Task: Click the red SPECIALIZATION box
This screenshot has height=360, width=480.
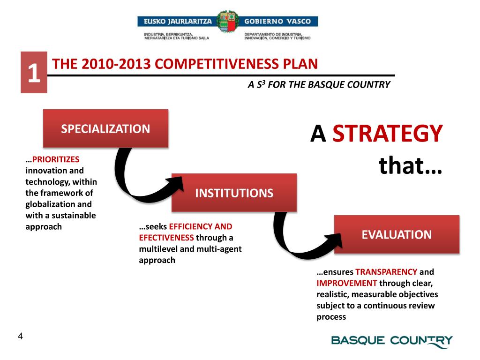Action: pyautogui.click(x=105, y=128)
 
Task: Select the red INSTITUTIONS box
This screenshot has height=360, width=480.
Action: pyautogui.click(x=234, y=193)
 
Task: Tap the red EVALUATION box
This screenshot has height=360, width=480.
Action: pyautogui.click(x=397, y=234)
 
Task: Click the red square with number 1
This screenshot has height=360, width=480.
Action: pyautogui.click(x=34, y=73)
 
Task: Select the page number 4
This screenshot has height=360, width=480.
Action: pyautogui.click(x=20, y=336)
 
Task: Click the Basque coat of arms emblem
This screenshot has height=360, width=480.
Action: pyautogui.click(x=227, y=22)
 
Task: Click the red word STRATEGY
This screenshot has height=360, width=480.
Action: pyautogui.click(x=388, y=135)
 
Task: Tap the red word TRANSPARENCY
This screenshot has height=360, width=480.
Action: pyautogui.click(x=386, y=272)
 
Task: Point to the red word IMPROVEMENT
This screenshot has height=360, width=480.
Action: pyautogui.click(x=347, y=283)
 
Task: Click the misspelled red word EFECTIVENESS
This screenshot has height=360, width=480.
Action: pyautogui.click(x=166, y=238)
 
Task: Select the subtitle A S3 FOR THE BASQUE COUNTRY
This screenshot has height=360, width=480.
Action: pyautogui.click(x=319, y=85)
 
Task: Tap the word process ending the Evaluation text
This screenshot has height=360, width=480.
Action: pyautogui.click(x=331, y=317)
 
